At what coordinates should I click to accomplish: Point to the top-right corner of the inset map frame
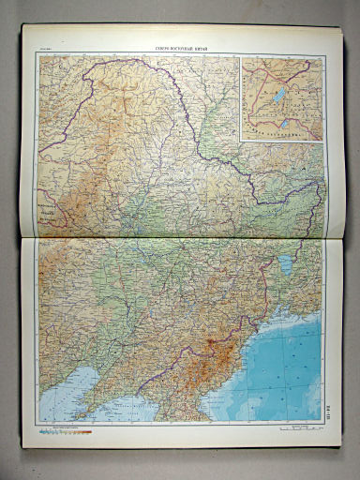pyautogui.click(x=322, y=57)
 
